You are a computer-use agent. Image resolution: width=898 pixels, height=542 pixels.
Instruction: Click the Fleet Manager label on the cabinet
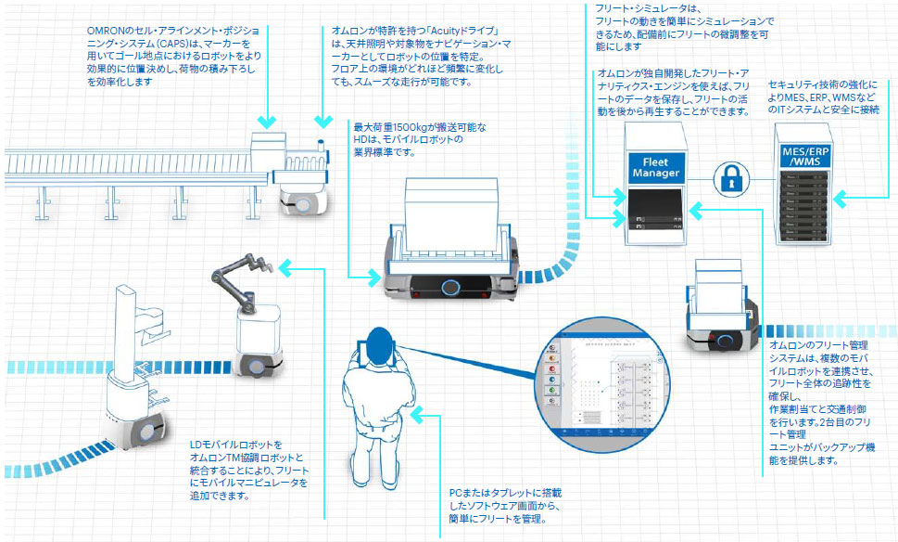tap(656, 168)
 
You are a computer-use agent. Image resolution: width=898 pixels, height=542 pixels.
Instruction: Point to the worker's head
tap(378, 341)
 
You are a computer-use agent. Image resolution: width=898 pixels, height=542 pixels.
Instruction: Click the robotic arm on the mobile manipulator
tap(235, 277)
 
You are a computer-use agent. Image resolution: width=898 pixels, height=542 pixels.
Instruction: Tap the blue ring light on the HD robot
tap(450, 287)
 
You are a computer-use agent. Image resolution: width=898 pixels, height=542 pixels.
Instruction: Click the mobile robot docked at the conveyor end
tap(302, 199)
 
